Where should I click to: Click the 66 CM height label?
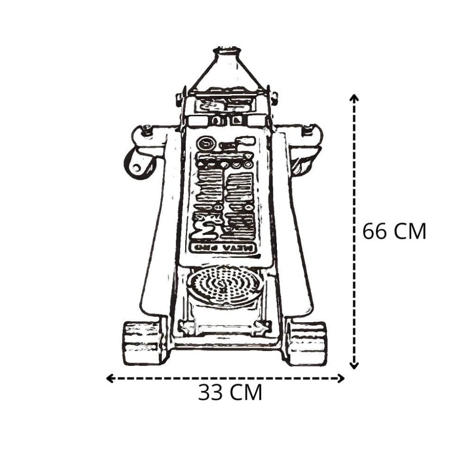394,231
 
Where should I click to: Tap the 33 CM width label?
230,393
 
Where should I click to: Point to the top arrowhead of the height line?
354,98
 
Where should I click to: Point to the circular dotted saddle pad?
225,285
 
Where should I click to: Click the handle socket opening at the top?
227,50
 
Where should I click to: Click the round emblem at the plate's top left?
205,144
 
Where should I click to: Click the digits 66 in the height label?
374,231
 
